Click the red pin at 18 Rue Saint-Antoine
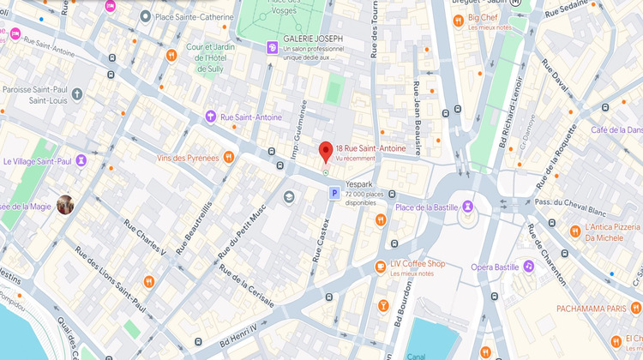326,152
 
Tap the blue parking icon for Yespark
333,195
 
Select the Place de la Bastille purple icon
467,206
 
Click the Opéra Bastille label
496,267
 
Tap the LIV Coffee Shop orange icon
380,267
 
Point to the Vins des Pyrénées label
188,158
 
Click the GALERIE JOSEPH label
313,39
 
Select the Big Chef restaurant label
483,17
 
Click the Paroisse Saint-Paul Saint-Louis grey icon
77,93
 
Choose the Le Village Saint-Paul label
36,160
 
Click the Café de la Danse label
616,129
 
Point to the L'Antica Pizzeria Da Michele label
611,232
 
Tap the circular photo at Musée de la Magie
65,204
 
